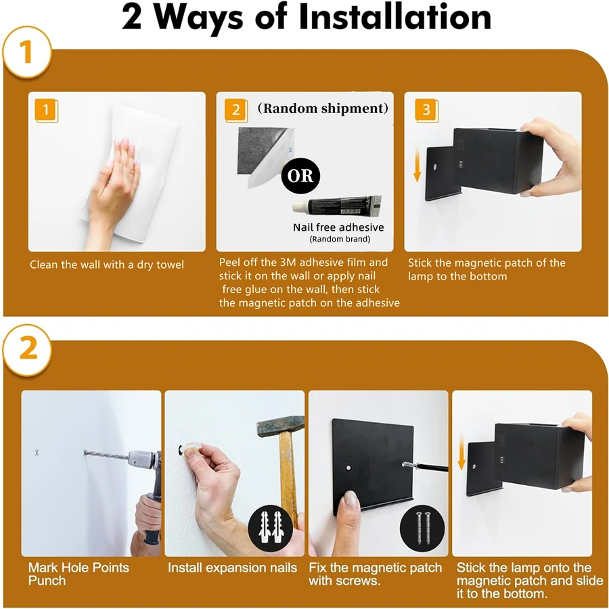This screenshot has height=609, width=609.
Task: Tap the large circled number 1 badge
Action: pos(26,53)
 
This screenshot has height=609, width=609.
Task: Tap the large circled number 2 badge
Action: pos(27,350)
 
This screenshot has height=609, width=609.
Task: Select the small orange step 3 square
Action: pos(426,110)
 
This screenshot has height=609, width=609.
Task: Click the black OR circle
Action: pos(300,176)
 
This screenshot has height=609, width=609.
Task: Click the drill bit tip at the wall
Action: pos(87,453)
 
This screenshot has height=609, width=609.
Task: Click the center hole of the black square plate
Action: pos(346,468)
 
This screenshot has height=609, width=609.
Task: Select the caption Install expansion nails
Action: pos(232,568)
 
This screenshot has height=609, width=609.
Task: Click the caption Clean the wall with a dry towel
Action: pos(107,265)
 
